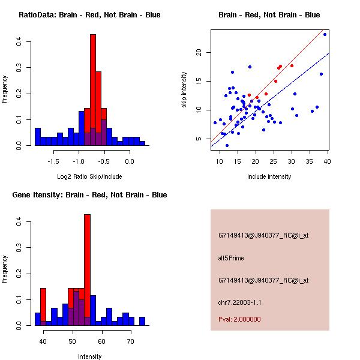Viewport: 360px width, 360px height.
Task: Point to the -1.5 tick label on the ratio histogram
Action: [x=53, y=161]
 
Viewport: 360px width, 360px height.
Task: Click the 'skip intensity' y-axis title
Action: [x=185, y=90]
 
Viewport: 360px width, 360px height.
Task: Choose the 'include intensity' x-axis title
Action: [x=269, y=176]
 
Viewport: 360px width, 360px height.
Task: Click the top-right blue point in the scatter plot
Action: [x=325, y=34]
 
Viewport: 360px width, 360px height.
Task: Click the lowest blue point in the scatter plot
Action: [x=227, y=145]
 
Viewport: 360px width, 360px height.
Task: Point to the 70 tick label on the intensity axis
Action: [x=130, y=341]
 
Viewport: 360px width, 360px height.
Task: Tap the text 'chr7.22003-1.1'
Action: [x=239, y=302]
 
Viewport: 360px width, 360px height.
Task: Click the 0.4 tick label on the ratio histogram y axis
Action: [x=20, y=42]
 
